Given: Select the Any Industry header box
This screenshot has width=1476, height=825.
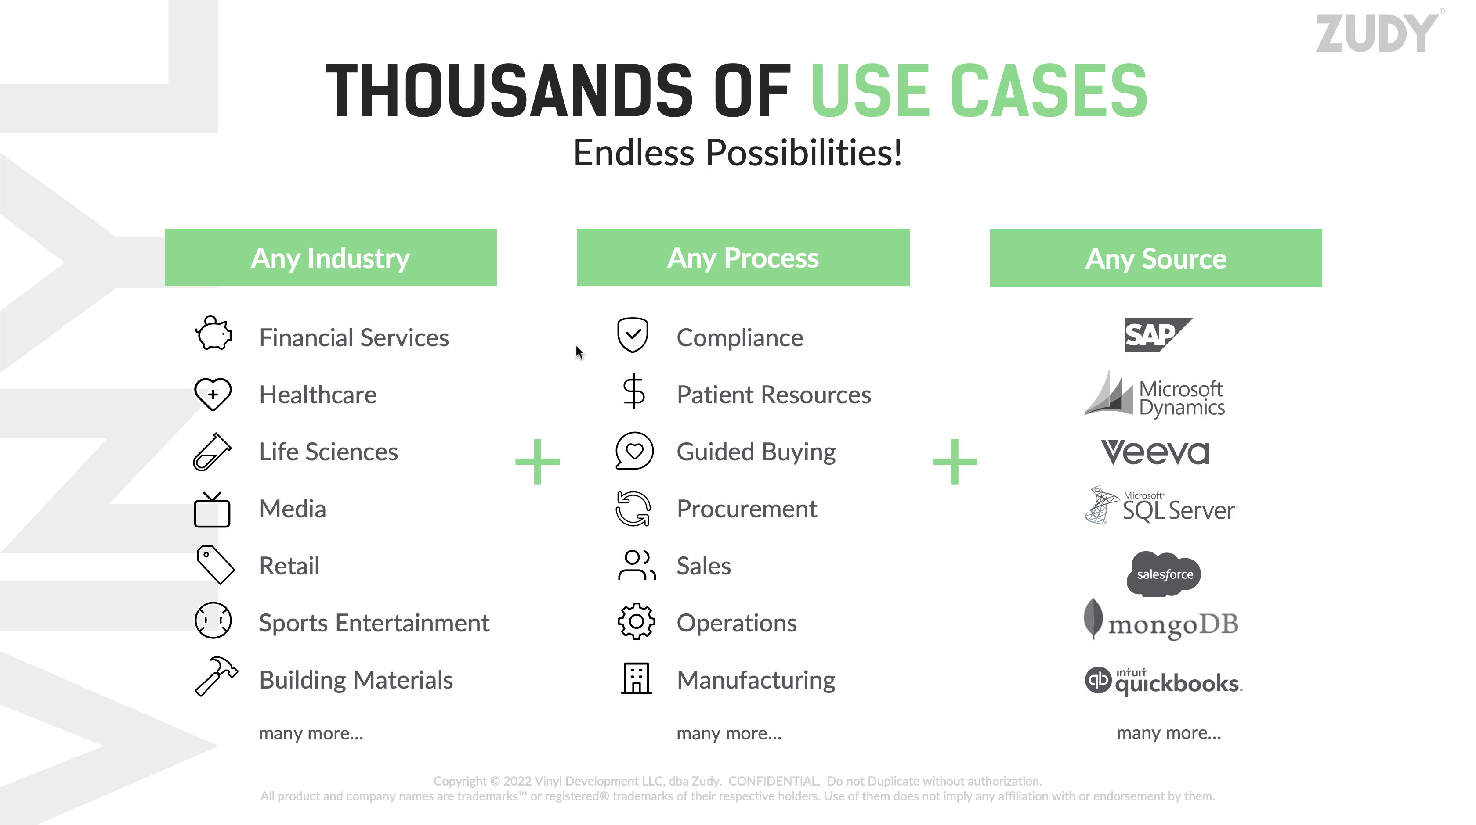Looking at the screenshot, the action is pos(331,258).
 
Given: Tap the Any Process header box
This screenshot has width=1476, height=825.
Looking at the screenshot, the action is pos(743,258).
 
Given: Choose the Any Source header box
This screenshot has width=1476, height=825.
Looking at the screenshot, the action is pos(1156,258).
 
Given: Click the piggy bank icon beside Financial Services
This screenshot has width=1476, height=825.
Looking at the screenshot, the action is pos(213,333).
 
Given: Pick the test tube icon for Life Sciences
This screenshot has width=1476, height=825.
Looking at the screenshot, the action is pos(213,452).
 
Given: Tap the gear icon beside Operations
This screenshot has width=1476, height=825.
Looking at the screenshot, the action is pos(636,622).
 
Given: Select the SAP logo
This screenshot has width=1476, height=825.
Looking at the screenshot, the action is pos(1158,334).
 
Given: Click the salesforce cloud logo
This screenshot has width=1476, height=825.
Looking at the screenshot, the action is pos(1164,573).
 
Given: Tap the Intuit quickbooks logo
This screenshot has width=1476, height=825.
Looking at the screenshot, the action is pos(1163,681).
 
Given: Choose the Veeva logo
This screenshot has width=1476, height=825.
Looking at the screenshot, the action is pos(1155,452).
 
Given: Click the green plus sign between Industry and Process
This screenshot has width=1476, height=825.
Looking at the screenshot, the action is pos(537,462).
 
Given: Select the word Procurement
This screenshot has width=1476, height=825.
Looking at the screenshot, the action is pos(747,509).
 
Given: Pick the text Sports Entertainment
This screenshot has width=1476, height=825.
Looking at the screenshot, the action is pos(374,623).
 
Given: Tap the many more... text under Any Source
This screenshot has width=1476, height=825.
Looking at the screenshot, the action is pos(1169,733).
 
